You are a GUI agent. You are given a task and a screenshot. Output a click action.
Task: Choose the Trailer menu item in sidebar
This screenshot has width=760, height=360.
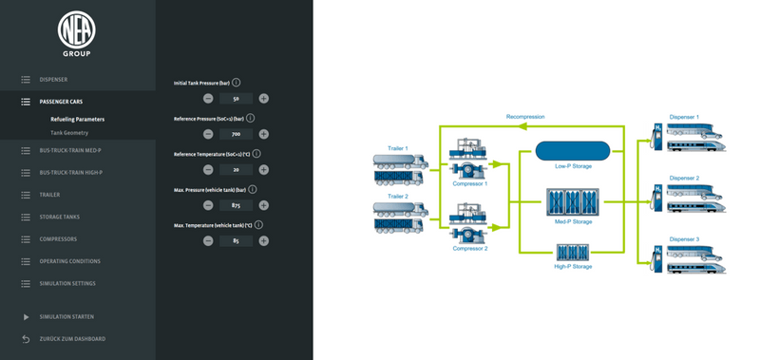tap(49, 195)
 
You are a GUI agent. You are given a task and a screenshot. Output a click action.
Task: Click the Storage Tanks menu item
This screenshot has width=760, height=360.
tap(60, 217)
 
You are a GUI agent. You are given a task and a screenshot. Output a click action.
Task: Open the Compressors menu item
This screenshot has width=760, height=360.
tap(59, 239)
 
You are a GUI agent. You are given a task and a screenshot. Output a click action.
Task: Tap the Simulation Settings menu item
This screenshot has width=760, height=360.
tap(67, 283)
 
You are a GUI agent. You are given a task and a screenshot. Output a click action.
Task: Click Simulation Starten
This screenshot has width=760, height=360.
tap(66, 316)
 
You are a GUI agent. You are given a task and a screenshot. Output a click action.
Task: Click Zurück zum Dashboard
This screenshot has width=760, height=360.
tap(72, 338)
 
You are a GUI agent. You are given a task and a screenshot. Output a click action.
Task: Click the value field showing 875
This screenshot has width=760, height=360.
tap(235, 204)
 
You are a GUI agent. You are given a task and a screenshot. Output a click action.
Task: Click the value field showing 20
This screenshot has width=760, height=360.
tap(235, 169)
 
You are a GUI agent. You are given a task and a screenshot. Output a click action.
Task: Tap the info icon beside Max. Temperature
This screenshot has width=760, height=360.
tap(258, 225)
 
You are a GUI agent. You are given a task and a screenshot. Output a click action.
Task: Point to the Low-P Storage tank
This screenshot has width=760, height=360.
tap(572, 150)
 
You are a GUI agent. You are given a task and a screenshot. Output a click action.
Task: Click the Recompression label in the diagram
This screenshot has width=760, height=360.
tap(524, 116)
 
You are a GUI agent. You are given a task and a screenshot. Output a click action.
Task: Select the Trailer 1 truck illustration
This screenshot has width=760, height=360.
tap(398, 169)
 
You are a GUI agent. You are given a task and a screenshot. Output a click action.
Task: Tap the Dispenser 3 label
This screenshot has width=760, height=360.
tap(684, 239)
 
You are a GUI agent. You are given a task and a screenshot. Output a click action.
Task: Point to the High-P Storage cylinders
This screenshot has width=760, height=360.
tap(572, 253)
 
